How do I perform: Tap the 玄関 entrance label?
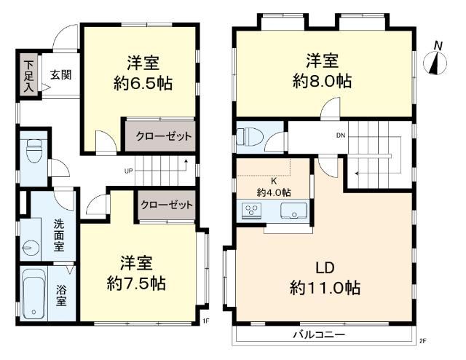pos(61,74)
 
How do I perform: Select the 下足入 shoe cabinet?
pos(29,75)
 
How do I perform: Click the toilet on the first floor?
pos(33,150)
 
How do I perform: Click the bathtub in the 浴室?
pos(33,294)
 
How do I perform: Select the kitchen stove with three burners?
pos(251,211)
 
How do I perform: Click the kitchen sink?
pos(293,211)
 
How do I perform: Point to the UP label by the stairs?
pos(128,171)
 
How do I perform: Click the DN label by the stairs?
pos(341,136)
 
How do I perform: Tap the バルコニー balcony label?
pos(319,335)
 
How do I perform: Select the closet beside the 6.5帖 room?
pos(160,136)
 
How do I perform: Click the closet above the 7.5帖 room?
pos(167,205)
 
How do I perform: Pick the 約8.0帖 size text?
pos(323,81)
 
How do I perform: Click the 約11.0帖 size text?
pos(325,288)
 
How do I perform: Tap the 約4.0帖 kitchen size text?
pos(274,193)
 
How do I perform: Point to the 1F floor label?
pos(205,321)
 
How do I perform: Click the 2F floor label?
pos(422,341)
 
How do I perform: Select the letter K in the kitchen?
pos(274,181)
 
